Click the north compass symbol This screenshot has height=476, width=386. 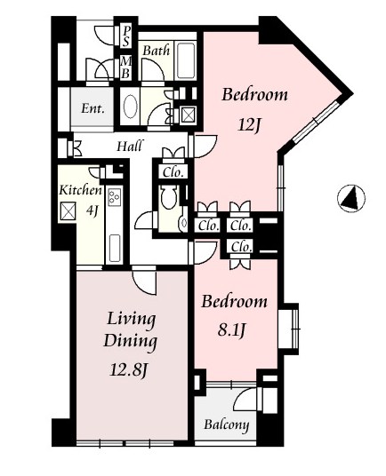[x=351, y=198]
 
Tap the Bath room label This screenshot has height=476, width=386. [x=156, y=50]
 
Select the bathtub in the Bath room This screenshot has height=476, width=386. [x=186, y=60]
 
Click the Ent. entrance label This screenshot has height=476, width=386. [x=92, y=108]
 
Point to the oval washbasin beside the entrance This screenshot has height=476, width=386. [x=131, y=107]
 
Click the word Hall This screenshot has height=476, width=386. [x=130, y=146]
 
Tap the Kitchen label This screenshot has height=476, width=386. [x=81, y=190]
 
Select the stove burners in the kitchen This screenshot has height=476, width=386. [x=115, y=196]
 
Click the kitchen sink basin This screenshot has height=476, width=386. [x=114, y=249]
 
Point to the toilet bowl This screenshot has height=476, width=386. [x=168, y=197]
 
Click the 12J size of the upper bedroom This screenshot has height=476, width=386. [x=249, y=125]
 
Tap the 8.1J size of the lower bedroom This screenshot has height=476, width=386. [x=231, y=330]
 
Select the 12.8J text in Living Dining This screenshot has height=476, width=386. [x=128, y=370]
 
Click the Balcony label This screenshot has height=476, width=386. [x=227, y=424]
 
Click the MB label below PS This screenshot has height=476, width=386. [x=125, y=67]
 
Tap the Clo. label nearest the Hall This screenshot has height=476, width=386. [x=173, y=172]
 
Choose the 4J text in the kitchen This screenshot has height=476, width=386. [x=92, y=210]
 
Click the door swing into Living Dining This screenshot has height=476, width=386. [x=145, y=282]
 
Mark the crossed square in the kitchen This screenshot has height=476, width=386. [x=68, y=211]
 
